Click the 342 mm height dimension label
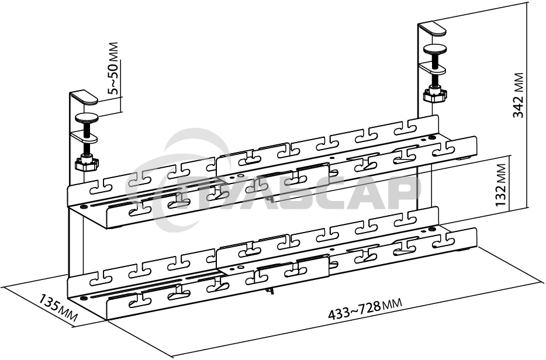[x=519, y=95]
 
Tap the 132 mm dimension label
[x=501, y=185]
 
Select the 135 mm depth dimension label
[x=58, y=308]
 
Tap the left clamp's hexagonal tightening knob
[x=87, y=162]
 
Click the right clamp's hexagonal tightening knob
[x=435, y=94]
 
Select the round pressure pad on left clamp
[x=87, y=118]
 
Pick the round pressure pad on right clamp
[x=435, y=50]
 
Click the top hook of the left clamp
[x=84, y=97]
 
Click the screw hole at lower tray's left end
[x=83, y=299]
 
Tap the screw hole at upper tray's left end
[x=83, y=207]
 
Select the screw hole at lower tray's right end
[x=432, y=229]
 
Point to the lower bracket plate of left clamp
[x=84, y=137]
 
